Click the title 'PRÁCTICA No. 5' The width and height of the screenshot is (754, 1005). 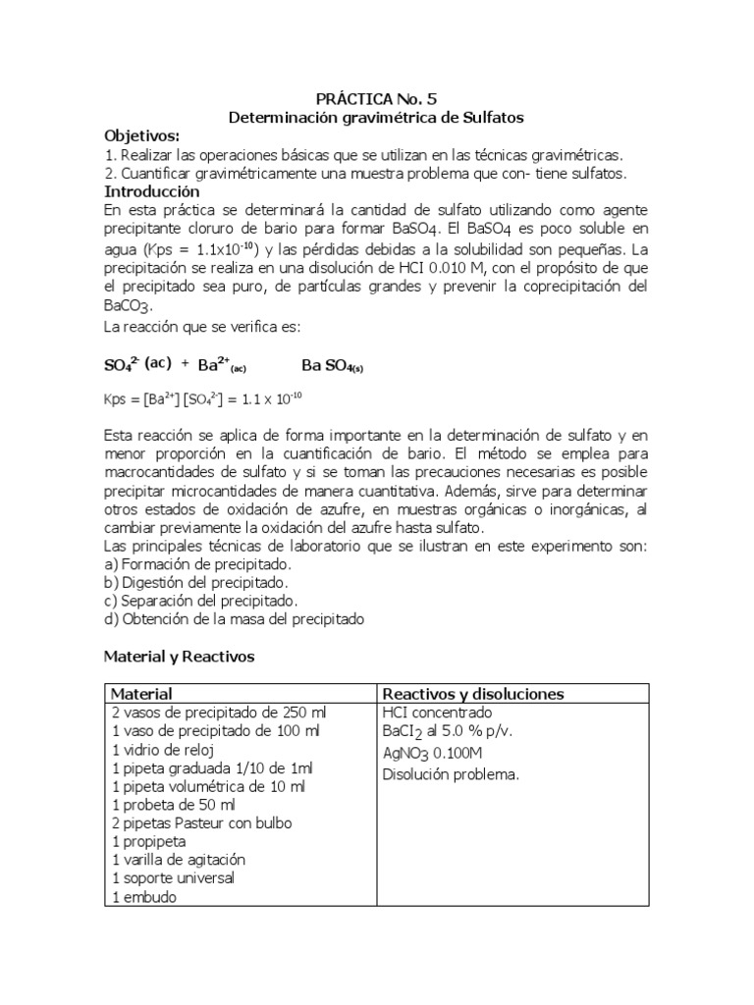click(377, 98)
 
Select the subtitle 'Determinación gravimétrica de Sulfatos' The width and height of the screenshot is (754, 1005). click(377, 117)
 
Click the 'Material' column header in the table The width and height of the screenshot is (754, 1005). click(143, 694)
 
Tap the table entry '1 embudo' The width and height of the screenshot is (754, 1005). click(145, 896)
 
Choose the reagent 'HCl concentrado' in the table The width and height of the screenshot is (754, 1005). click(437, 713)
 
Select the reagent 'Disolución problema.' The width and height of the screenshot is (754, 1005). click(451, 773)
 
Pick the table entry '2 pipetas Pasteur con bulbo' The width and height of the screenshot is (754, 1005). click(202, 822)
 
